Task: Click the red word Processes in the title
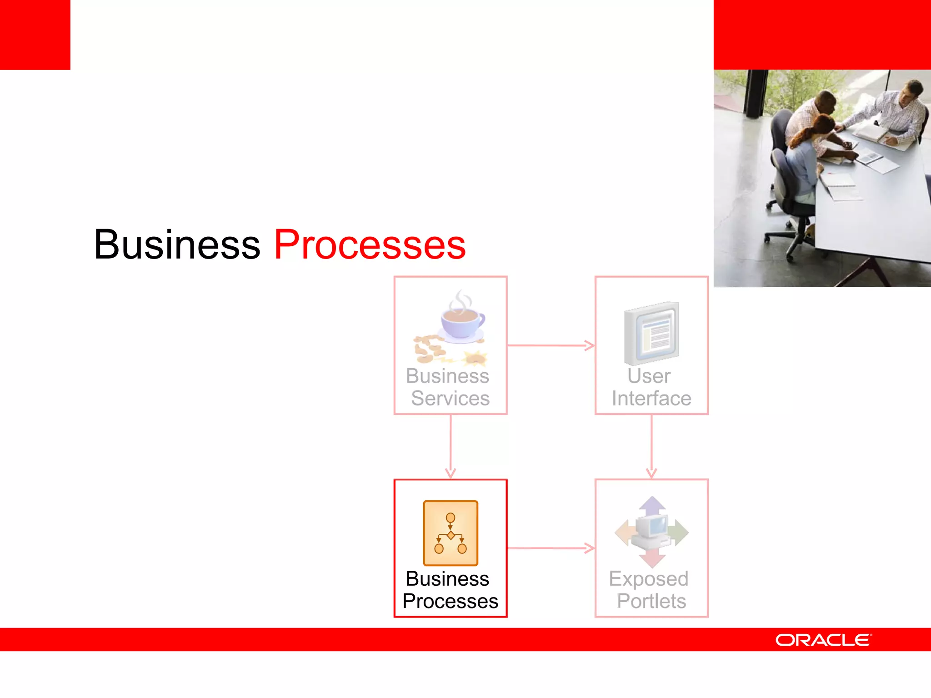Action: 370,245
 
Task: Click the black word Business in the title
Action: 177,245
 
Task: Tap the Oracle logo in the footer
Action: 823,640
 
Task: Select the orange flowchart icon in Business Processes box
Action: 450,533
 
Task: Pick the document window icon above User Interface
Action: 652,333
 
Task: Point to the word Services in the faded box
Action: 450,399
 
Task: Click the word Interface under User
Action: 651,399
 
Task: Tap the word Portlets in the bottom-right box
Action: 651,601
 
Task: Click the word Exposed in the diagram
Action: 649,578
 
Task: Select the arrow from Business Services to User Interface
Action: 551,345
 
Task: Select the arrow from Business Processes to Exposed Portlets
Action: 551,548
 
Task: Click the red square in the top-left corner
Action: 35,35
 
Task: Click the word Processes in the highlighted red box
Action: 450,601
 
